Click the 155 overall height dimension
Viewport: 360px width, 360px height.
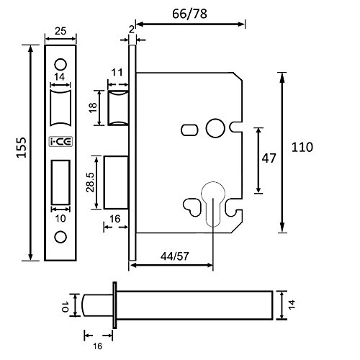point(22,147)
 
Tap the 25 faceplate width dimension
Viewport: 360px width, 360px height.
point(60,31)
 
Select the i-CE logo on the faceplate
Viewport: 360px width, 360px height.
point(60,142)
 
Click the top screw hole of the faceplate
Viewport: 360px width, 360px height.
point(60,65)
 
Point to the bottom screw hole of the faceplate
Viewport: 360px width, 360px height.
point(60,237)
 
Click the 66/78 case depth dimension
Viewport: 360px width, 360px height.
point(189,14)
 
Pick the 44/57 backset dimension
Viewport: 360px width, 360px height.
point(175,256)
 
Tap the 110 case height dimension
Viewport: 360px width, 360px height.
point(302,147)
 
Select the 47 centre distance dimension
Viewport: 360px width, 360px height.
point(269,158)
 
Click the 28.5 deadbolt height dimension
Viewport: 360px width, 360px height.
point(91,182)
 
